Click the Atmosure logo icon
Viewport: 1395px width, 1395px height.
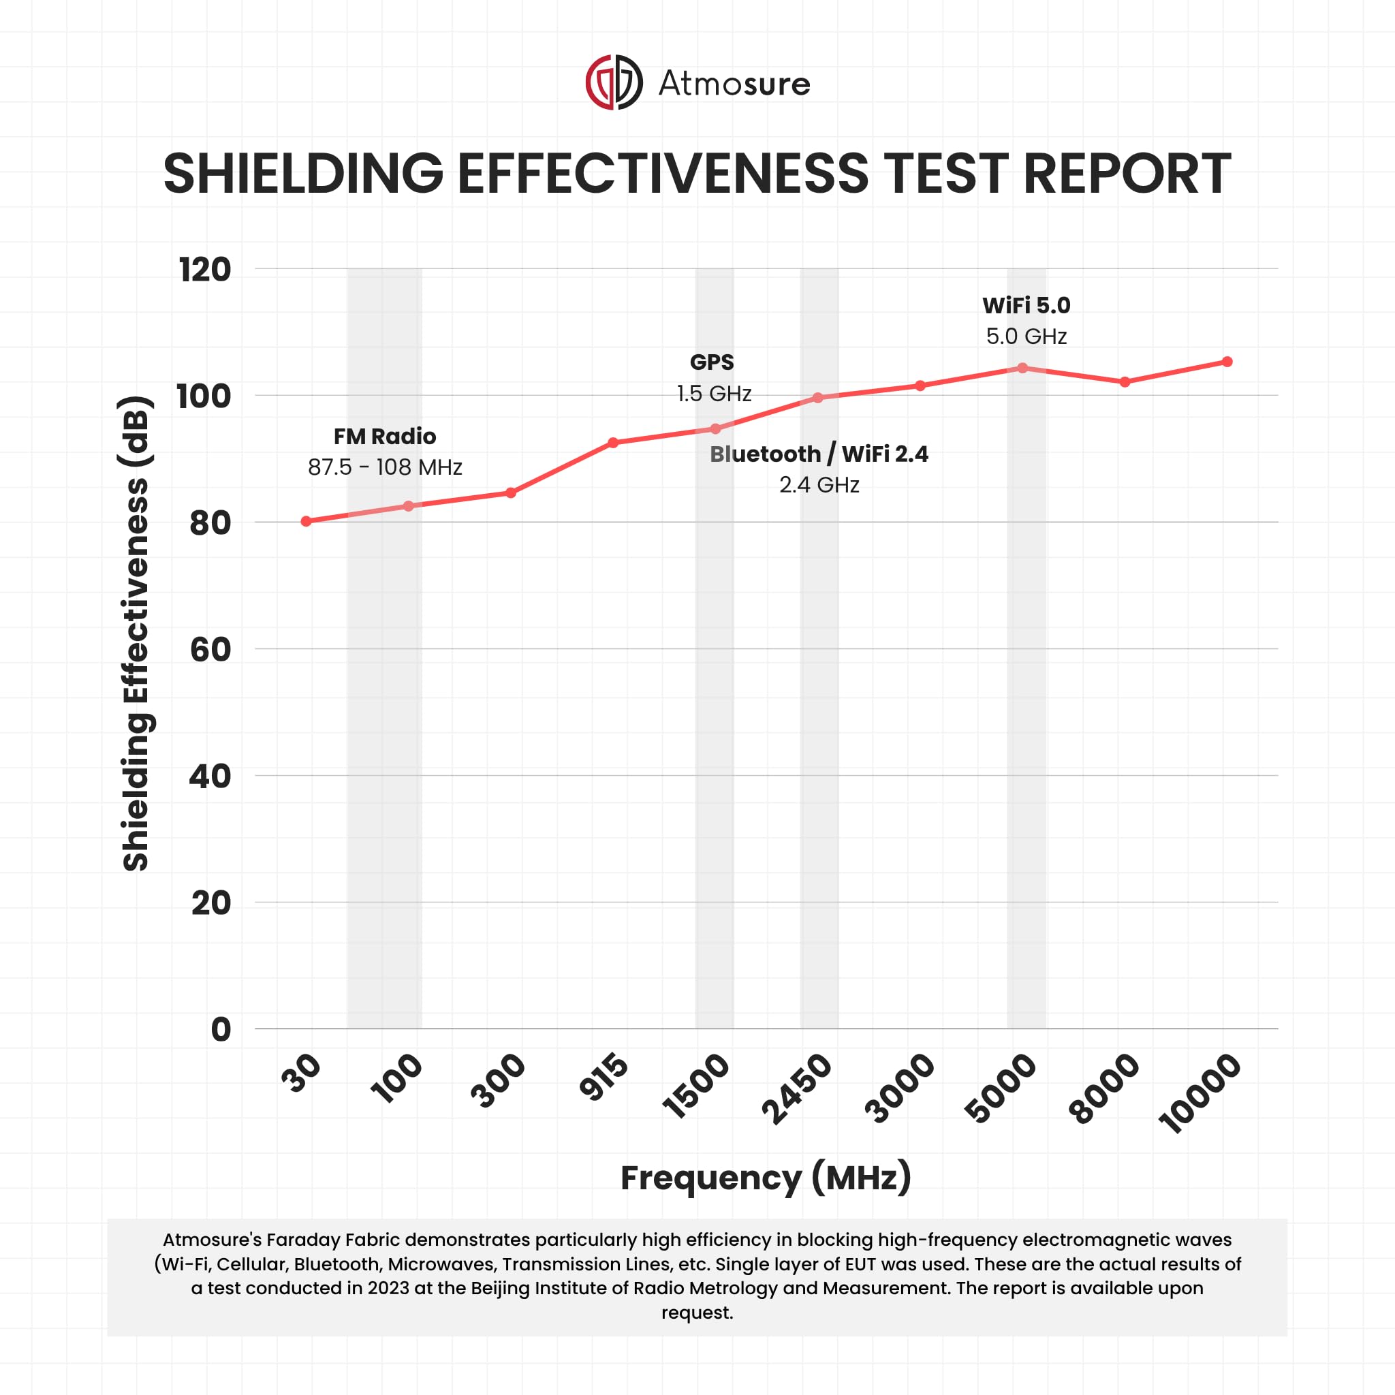[613, 82]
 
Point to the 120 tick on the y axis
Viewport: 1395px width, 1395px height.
[205, 270]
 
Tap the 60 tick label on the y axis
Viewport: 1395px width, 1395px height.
[210, 650]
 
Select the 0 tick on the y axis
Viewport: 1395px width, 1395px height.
[220, 1030]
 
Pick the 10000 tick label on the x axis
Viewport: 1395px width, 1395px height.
[1200, 1093]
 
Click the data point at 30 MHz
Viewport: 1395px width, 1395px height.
[306, 521]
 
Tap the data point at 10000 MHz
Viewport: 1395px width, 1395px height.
[1227, 362]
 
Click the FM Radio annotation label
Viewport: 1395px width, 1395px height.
[385, 436]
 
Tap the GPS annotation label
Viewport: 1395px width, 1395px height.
[712, 362]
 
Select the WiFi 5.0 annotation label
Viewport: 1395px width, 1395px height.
[1026, 305]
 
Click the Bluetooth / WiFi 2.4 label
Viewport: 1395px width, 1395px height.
[819, 454]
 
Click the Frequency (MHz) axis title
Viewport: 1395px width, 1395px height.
[766, 1178]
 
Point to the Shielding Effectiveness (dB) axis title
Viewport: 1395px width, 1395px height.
[136, 634]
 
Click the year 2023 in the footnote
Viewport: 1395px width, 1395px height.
[389, 1288]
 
